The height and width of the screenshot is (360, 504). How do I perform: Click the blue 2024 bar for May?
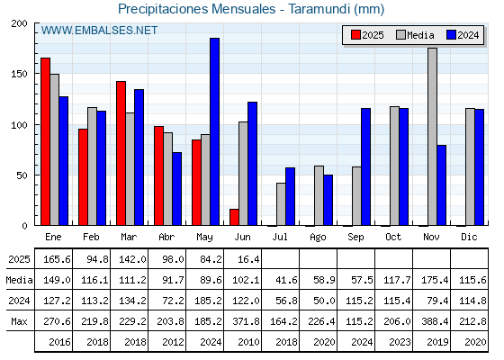214,131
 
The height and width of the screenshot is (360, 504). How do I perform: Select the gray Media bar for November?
432,137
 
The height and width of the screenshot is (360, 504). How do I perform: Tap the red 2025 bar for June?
234,217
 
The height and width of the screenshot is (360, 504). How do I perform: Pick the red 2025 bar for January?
45,142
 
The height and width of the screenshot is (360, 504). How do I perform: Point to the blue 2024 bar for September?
365,166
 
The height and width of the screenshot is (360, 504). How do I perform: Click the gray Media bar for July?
281,204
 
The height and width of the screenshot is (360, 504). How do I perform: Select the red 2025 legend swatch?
355,35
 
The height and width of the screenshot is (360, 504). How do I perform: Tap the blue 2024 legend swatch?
451,35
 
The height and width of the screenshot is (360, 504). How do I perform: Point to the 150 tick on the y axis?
19,74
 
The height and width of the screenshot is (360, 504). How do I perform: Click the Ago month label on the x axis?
318,238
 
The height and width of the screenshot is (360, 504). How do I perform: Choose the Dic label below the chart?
469,237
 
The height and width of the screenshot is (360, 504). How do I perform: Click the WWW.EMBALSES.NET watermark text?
99,31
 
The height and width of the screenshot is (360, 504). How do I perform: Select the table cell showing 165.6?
57,259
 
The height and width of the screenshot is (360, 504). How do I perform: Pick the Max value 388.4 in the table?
435,321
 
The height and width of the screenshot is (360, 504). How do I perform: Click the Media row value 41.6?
286,280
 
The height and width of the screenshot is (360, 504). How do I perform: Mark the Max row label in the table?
19,321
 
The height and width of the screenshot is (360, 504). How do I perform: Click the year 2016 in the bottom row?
59,342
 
